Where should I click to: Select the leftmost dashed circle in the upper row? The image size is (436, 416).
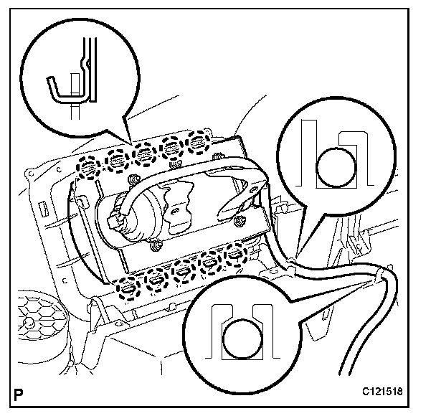[90, 167]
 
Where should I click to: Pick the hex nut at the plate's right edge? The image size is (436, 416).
[242, 220]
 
